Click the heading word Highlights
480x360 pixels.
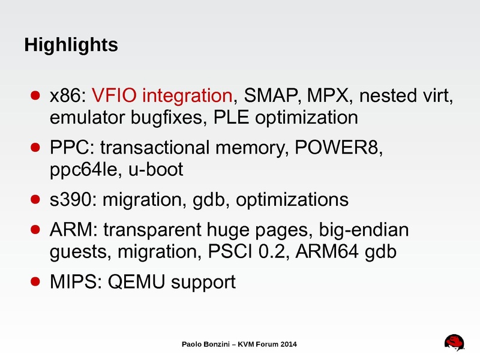[71, 45]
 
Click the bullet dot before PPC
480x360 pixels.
[35, 148]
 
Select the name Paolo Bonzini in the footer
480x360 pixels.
[207, 344]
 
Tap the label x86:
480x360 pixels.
[69, 95]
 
